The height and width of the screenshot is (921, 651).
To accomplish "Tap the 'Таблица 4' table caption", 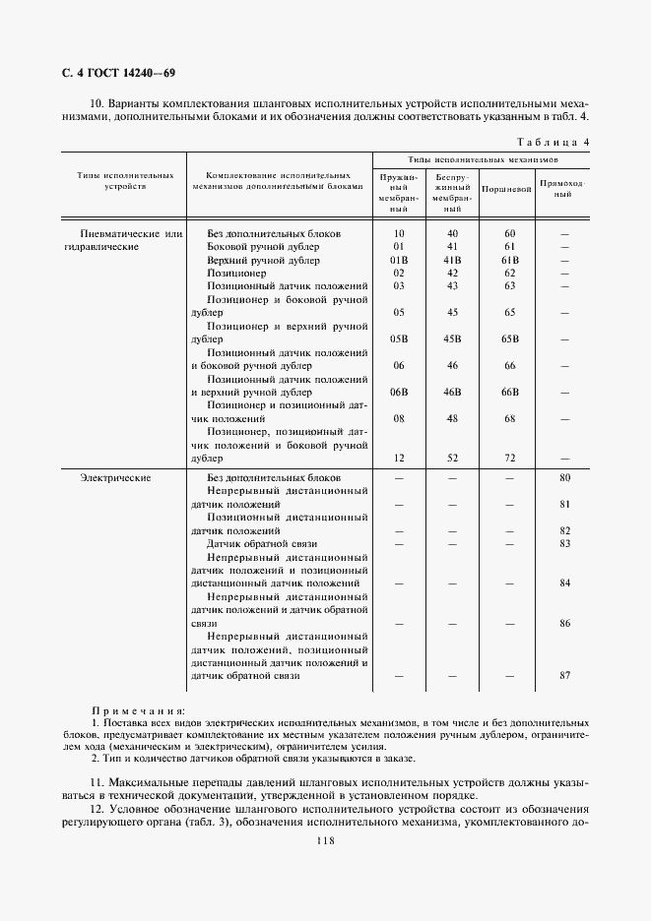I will [552, 142].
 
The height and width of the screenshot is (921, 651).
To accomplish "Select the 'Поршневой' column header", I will [508, 187].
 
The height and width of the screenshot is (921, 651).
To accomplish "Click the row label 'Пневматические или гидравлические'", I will [119, 240].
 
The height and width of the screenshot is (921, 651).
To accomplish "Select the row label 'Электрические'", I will [115, 478].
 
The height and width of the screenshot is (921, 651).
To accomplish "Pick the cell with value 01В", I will [399, 260].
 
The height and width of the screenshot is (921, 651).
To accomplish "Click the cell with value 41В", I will [453, 260].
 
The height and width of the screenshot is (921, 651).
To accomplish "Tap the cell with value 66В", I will [509, 392].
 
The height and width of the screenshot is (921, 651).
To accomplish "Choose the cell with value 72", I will [509, 458].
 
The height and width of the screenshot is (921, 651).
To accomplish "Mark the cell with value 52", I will [453, 458].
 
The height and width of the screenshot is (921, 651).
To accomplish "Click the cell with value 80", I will [564, 478].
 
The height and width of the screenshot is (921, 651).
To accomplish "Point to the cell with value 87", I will [564, 676].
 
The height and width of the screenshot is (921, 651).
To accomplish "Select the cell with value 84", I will [564, 583].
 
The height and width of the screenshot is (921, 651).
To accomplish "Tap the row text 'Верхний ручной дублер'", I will [263, 260].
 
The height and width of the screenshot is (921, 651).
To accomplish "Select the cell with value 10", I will [399, 233].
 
